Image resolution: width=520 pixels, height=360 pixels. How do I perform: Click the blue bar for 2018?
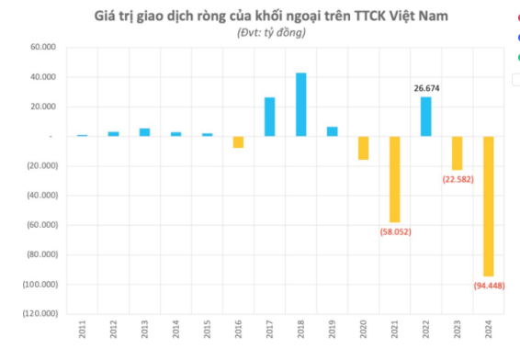pos(300,104)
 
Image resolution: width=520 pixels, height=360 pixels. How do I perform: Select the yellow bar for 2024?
pos(488,206)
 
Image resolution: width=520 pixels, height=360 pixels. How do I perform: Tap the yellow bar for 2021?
pos(394,179)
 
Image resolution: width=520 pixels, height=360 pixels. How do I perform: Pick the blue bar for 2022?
pos(425,116)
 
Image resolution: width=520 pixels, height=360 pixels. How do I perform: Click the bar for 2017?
pos(269,117)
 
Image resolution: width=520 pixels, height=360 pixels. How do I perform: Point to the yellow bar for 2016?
pos(238,141)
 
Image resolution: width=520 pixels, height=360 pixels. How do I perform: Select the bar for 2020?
pos(363,148)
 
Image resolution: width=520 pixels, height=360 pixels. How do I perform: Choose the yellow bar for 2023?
pos(457,152)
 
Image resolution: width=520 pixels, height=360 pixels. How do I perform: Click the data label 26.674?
pos(425,89)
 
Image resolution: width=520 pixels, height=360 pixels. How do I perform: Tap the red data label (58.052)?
pos(395,232)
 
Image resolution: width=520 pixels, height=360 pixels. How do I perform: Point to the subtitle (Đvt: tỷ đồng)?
pos(259,32)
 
